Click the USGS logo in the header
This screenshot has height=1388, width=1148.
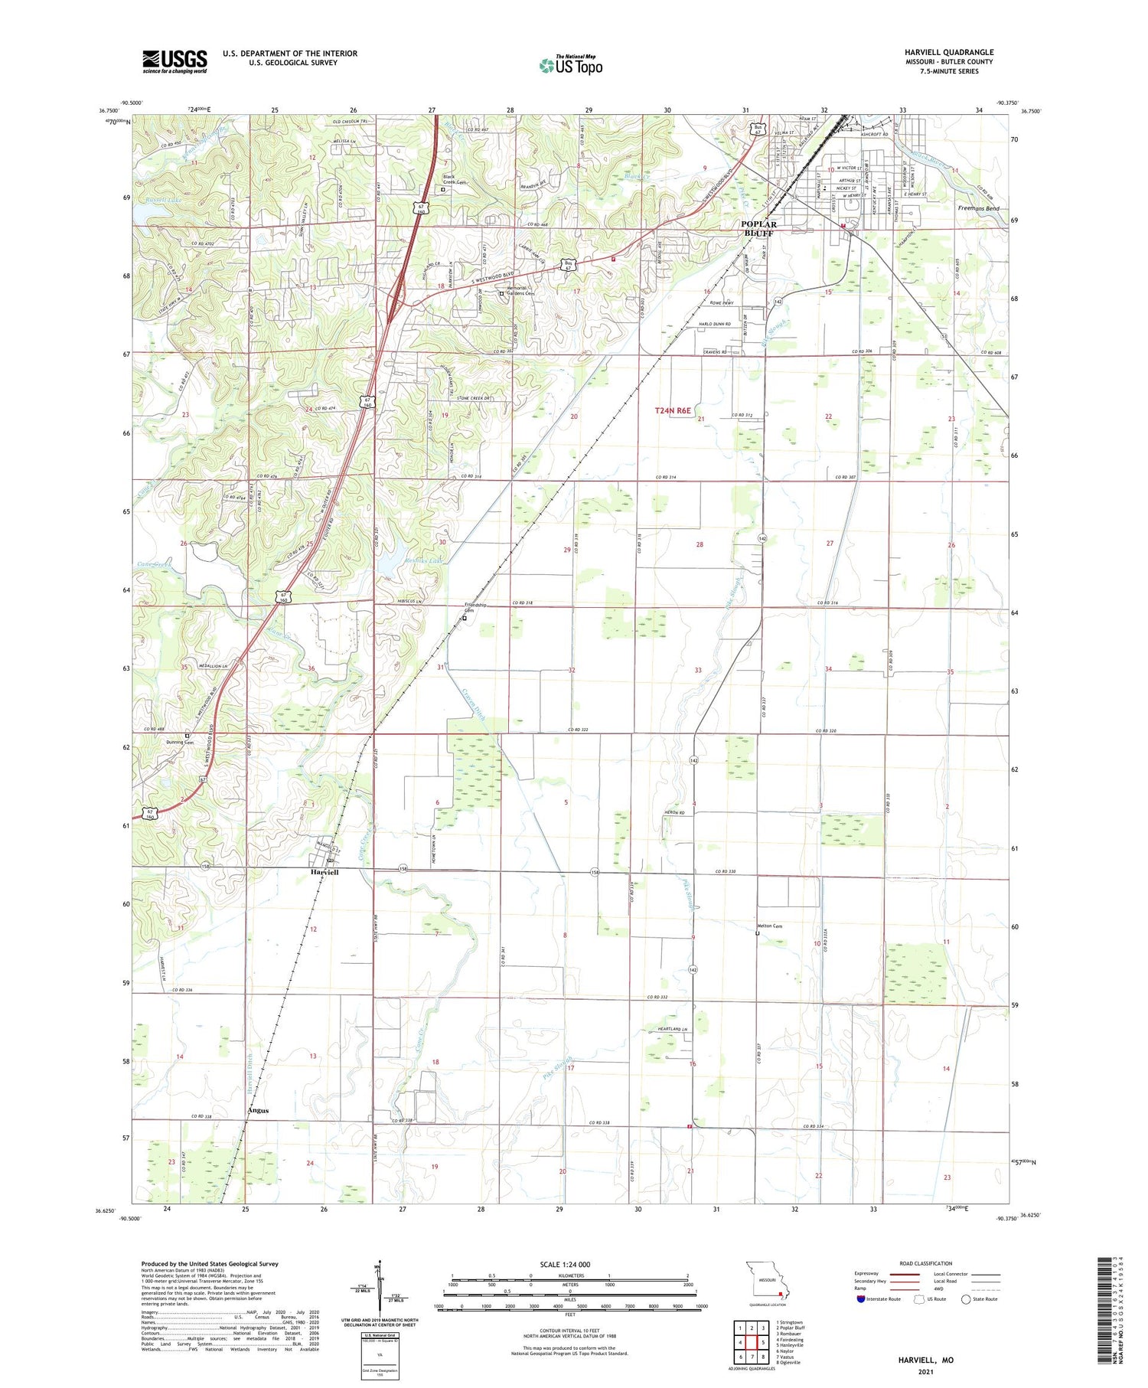(x=174, y=61)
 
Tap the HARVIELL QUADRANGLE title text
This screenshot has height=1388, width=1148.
(x=948, y=52)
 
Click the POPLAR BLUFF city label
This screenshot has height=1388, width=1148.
(x=758, y=228)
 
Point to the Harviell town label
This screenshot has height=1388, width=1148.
(x=325, y=872)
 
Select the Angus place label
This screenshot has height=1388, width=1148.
(x=258, y=1110)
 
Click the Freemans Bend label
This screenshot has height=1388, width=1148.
(x=978, y=208)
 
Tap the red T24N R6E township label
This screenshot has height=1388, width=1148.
(x=673, y=411)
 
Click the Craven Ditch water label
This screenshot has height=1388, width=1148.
(x=474, y=705)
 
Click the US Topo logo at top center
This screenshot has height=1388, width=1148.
(x=571, y=65)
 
